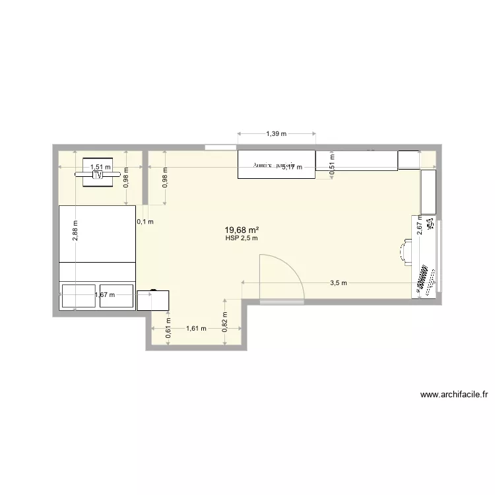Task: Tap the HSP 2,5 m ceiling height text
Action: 240,238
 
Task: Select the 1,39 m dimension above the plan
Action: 277,134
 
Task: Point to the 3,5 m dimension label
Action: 338,282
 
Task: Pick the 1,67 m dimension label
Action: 105,295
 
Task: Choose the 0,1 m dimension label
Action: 145,222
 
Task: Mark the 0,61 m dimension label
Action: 168,332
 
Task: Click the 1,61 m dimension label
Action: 196,328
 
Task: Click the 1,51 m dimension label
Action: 100,168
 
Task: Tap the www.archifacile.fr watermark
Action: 454,395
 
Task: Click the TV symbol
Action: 98,176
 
